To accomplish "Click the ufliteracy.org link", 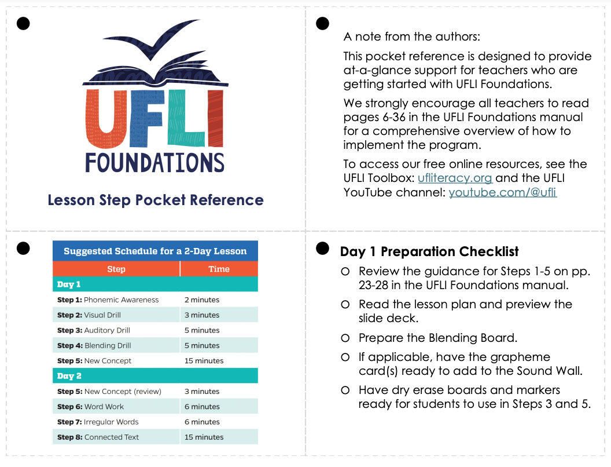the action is (x=455, y=178).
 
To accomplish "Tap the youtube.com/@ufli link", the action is (x=502, y=192).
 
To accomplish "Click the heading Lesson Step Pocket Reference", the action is (x=155, y=200).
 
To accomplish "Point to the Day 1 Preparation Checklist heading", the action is (x=429, y=251).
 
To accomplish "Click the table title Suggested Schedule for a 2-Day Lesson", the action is (x=155, y=251).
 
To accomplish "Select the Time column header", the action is (x=219, y=269).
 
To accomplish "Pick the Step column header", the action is (x=116, y=269).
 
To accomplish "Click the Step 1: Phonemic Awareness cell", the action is (x=108, y=300).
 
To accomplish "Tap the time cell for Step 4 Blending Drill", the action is (x=202, y=345).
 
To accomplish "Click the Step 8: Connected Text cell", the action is (x=98, y=437).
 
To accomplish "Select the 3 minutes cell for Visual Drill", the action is (x=202, y=315).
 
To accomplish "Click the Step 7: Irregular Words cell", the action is (x=98, y=422).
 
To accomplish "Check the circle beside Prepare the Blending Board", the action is (x=345, y=338).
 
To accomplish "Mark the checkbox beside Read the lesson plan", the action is (x=345, y=305).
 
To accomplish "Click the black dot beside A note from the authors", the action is (x=323, y=24).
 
